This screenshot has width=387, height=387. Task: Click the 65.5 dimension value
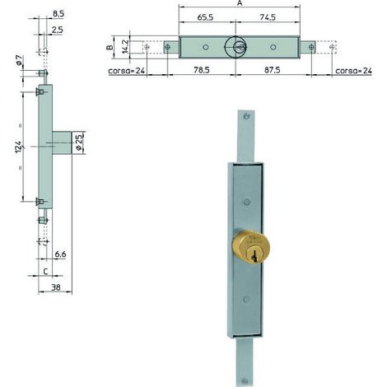(205, 17)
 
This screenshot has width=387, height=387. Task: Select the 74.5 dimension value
(268, 17)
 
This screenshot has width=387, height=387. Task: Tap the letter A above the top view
(240, 3)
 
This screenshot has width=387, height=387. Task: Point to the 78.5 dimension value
(202, 70)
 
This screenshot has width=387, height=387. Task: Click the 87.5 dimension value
(273, 70)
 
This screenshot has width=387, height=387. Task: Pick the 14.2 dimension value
(125, 46)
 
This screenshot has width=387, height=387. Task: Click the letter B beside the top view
(110, 47)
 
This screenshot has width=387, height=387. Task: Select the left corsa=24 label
(127, 71)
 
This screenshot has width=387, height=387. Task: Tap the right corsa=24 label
(353, 71)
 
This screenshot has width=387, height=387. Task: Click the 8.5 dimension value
(58, 14)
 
